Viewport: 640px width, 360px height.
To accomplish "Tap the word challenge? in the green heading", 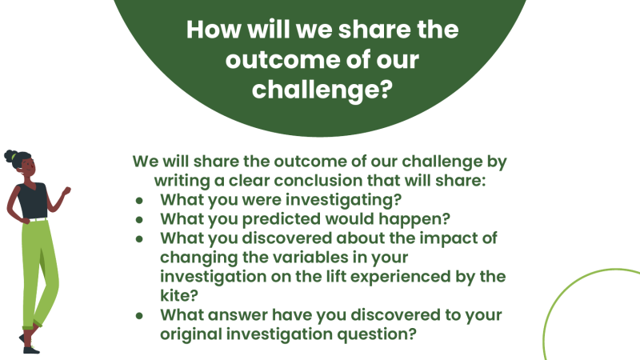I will tap(321, 89).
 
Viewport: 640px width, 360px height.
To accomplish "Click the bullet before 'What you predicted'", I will tap(139, 218).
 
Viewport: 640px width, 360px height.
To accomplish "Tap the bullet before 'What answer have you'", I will tap(139, 314).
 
